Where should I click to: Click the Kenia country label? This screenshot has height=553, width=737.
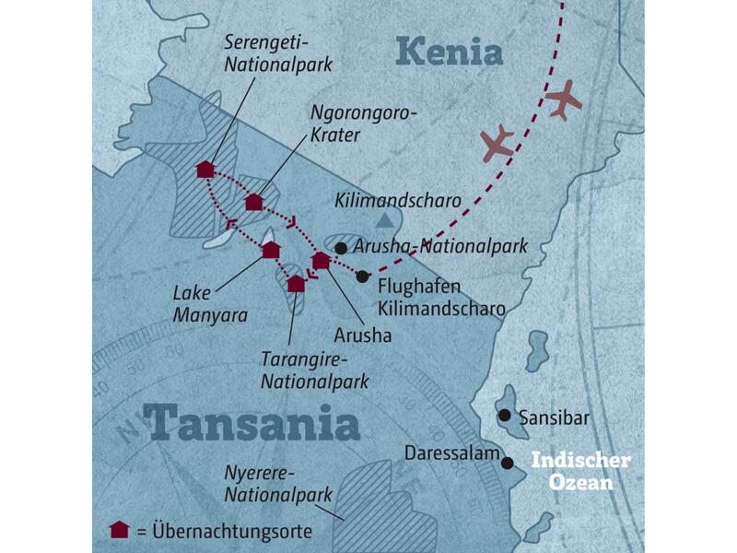tap(450, 51)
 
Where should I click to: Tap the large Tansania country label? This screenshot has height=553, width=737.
tap(252, 422)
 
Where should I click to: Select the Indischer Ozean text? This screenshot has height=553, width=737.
tap(580, 470)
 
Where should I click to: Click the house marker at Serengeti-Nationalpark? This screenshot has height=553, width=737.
tap(205, 170)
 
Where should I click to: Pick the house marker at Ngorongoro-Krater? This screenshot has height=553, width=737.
tap(254, 202)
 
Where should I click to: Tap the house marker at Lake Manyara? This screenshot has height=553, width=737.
tap(271, 250)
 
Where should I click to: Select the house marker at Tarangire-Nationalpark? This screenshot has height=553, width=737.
tap(296, 283)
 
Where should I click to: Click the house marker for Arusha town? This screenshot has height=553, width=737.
tap(321, 261)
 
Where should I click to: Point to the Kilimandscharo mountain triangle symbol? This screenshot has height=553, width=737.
tap(384, 220)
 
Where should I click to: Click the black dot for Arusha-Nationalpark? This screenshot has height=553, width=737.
tap(341, 248)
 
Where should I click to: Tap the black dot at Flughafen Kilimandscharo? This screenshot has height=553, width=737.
tap(363, 276)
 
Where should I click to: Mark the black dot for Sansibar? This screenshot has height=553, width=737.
tap(504, 416)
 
